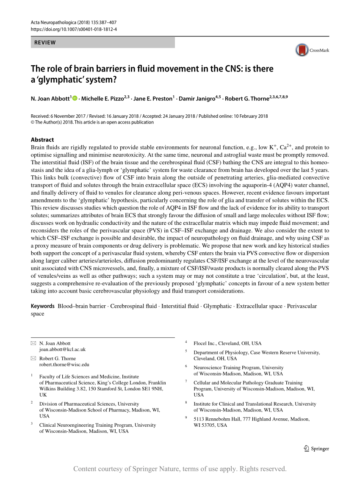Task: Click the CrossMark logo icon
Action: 302,50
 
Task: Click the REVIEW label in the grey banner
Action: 45,42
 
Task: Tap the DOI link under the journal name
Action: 74,29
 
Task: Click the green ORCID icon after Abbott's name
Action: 75,98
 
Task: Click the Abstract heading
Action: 42,140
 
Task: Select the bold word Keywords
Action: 43,306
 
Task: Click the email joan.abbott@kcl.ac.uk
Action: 62,349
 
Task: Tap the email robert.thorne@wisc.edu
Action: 64,364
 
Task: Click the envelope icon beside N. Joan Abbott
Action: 33,343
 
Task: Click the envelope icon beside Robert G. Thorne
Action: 33,358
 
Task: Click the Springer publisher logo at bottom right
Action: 316,449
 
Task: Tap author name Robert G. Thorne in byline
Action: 246,99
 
